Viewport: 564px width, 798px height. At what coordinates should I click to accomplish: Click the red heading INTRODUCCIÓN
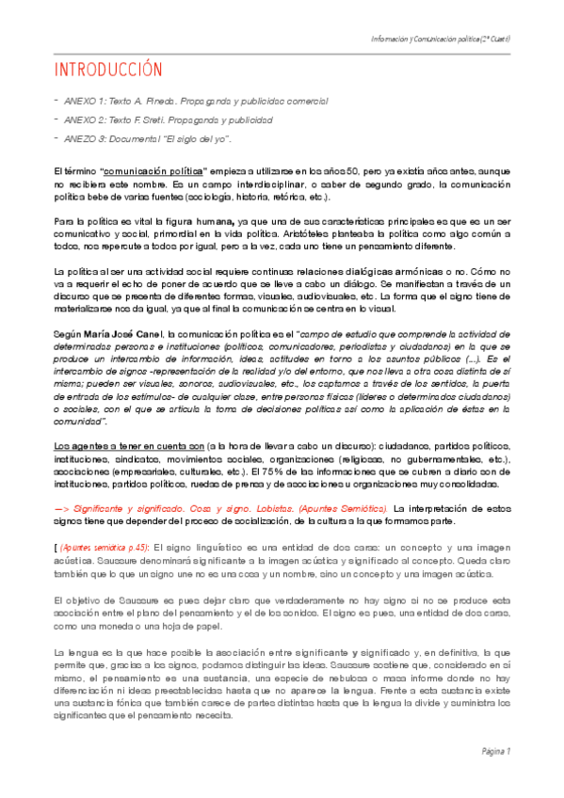pos(108,72)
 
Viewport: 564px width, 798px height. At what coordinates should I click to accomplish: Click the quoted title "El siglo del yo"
pos(197,139)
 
